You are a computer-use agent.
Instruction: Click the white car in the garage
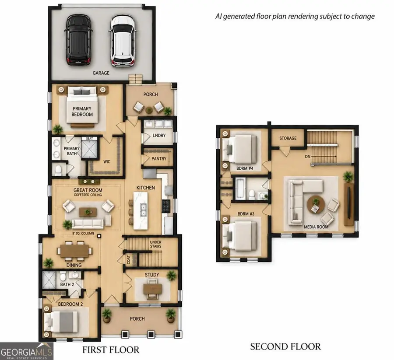(123, 41)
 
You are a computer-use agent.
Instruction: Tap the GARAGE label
(101, 73)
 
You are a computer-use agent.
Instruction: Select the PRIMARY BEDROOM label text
(82, 112)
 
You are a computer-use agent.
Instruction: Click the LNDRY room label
(159, 135)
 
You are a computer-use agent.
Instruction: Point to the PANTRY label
(159, 159)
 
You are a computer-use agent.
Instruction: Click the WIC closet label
(107, 162)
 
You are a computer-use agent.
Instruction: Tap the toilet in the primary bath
(58, 170)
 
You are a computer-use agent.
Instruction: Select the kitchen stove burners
(166, 206)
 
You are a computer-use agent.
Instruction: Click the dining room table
(74, 251)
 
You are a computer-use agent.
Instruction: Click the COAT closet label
(128, 260)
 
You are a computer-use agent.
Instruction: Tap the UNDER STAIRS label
(155, 244)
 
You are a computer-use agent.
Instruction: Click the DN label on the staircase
(308, 157)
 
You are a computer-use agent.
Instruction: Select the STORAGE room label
(288, 138)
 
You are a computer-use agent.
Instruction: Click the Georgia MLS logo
(26, 351)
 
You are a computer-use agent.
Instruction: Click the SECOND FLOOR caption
(285, 347)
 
